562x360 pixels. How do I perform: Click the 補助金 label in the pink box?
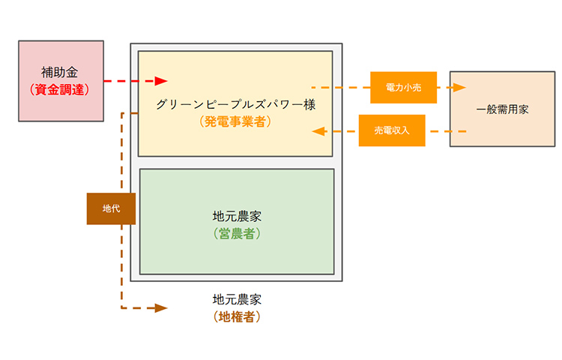pos(59,73)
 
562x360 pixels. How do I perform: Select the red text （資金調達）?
pos(59,90)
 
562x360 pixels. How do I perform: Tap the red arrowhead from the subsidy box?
pos(161,81)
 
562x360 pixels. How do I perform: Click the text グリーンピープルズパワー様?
pos(235,105)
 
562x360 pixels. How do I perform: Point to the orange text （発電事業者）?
pos(235,122)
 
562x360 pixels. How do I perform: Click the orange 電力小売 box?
pos(404,88)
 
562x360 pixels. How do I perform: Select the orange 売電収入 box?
pos(392,130)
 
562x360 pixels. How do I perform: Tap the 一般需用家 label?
pos(503,109)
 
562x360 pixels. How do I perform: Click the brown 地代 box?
pos(111,208)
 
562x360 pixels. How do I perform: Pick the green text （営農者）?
pos(237,234)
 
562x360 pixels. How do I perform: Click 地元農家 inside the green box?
pos(237,217)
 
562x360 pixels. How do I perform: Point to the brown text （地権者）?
pos(237,317)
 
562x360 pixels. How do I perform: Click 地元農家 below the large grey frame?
pos(237,300)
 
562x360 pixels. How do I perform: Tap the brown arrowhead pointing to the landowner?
pos(161,308)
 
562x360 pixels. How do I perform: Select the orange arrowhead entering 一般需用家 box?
pos(459,87)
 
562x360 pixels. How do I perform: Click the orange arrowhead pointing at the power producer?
pos(318,131)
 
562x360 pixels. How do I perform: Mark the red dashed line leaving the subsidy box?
pos(130,81)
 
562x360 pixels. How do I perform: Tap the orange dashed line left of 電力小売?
pos(341,88)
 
